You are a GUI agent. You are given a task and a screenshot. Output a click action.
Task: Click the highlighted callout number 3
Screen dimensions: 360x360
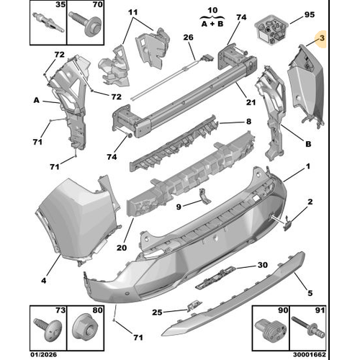tap(322, 38)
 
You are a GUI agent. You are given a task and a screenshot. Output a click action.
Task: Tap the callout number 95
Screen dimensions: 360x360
tap(310, 14)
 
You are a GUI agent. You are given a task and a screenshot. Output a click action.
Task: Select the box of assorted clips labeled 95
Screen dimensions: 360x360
tap(271, 30)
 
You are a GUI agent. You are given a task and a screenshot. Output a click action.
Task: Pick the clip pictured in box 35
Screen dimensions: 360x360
tap(48, 22)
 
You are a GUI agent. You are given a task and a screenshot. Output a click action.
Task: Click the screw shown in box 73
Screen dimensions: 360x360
tap(49, 329)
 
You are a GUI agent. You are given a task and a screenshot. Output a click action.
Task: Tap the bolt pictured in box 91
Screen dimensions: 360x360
tap(308, 327)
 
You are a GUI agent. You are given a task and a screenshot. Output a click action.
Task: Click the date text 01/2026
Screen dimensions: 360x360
tap(44, 355)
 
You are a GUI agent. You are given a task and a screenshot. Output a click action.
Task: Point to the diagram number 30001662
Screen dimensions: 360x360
tap(310, 355)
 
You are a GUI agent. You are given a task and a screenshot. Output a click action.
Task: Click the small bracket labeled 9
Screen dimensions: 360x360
tap(204, 196)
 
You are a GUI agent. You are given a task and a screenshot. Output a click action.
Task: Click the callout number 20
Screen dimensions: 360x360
tap(122, 248)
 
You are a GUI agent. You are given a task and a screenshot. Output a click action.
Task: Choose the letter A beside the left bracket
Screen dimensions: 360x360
tap(37, 100)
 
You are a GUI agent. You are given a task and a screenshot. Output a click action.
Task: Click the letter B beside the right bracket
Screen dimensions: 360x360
tap(308, 144)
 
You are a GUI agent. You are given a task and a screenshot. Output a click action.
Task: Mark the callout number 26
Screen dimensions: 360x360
tap(189, 37)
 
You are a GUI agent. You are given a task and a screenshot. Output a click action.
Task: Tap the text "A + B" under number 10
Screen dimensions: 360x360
tap(212, 24)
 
